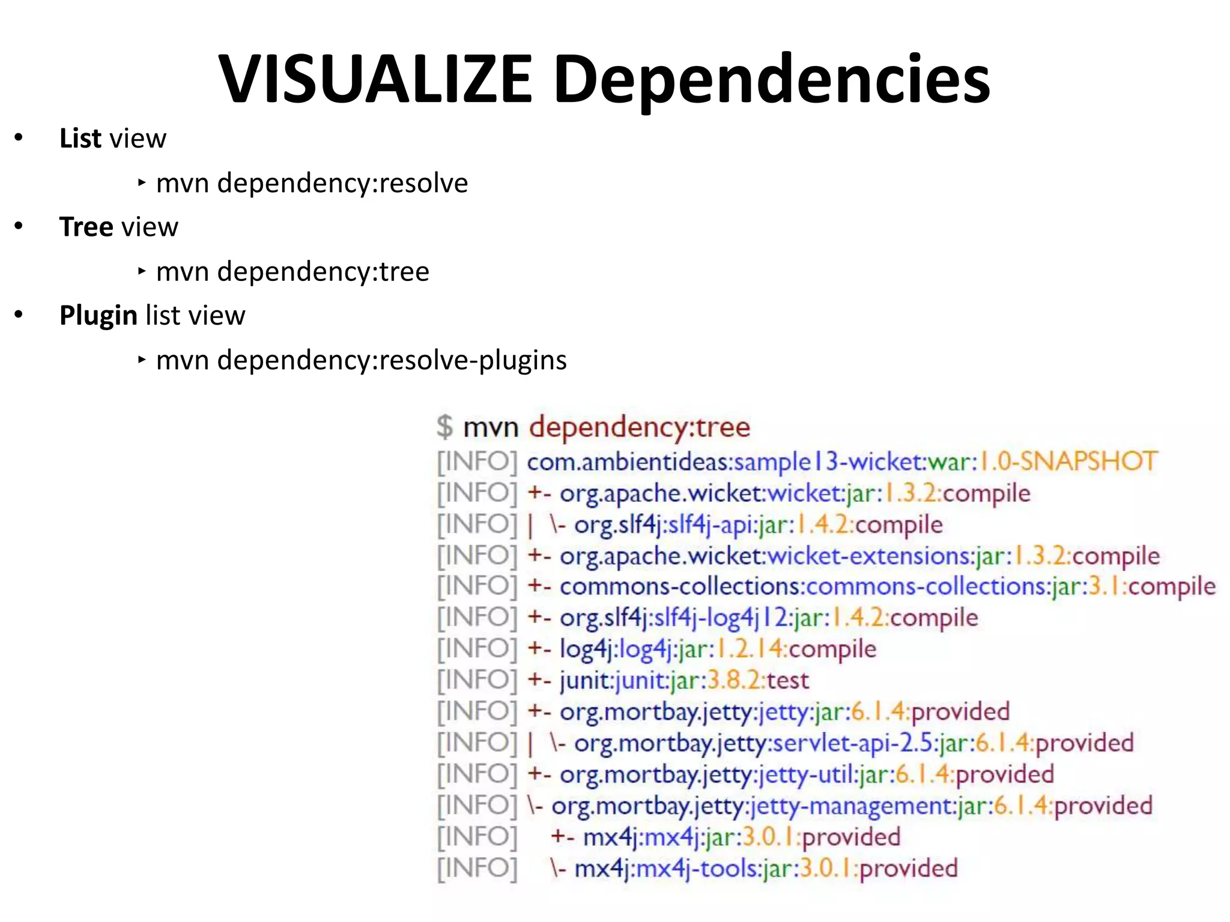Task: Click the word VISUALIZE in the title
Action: coord(375,80)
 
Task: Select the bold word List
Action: coord(80,139)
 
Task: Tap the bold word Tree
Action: coord(86,227)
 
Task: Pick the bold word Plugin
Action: coord(98,316)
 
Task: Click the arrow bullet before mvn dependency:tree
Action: coord(142,271)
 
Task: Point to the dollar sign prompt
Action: coord(444,427)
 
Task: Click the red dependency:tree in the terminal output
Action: coord(639,427)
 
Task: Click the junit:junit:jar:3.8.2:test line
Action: coord(684,681)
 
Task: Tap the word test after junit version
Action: coord(787,681)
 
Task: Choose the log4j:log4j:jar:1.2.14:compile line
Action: coord(718,649)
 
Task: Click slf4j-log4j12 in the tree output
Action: coord(721,618)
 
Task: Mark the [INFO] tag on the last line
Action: coord(477,869)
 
